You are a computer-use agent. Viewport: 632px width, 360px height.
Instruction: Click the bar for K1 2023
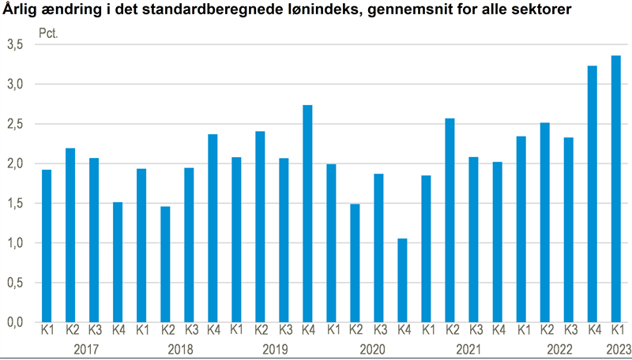pyautogui.click(x=615, y=189)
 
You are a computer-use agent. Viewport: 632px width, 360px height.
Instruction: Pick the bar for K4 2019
pyautogui.click(x=307, y=213)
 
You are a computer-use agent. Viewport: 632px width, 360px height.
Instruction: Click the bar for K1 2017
pyautogui.click(x=47, y=246)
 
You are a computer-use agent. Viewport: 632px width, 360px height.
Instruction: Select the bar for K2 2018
pyautogui.click(x=165, y=264)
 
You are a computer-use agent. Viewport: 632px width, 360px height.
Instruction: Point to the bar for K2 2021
pyautogui.click(x=450, y=220)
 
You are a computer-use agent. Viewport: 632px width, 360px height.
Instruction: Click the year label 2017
pyautogui.click(x=83, y=348)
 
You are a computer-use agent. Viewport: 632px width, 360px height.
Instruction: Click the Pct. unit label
pyautogui.click(x=49, y=34)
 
